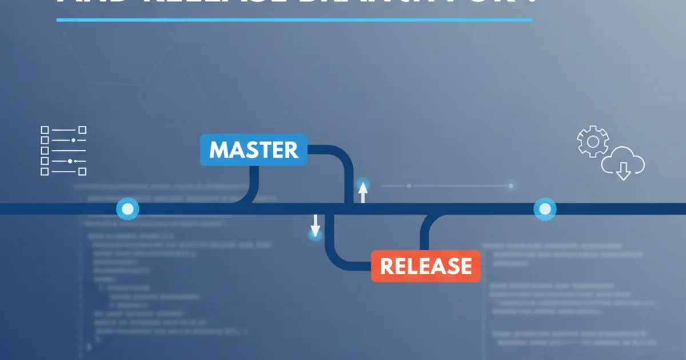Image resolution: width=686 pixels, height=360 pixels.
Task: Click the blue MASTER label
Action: [253, 150]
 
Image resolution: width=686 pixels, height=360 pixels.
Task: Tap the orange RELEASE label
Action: [426, 266]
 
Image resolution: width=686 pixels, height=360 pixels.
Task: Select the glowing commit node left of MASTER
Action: [127, 209]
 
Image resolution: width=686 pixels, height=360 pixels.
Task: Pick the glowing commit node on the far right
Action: [544, 209]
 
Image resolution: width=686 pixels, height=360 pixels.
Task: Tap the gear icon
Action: [593, 141]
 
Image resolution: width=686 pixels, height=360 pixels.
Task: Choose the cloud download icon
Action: [623, 163]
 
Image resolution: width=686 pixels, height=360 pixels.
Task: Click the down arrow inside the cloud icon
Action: [623, 170]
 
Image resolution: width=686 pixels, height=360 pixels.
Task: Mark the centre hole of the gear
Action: [593, 141]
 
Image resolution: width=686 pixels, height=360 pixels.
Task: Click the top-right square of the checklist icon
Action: [82, 130]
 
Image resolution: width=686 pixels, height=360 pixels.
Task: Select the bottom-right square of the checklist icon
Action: [82, 171]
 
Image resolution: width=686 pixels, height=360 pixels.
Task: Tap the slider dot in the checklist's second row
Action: [73, 140]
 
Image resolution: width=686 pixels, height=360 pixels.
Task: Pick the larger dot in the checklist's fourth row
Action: [70, 162]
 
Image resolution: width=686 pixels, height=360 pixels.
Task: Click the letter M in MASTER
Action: [220, 150]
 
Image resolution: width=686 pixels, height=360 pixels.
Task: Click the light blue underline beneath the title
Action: [294, 20]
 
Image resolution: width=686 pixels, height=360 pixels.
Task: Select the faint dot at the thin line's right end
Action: [510, 185]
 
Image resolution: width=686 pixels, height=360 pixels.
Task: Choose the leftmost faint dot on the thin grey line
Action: [409, 185]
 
